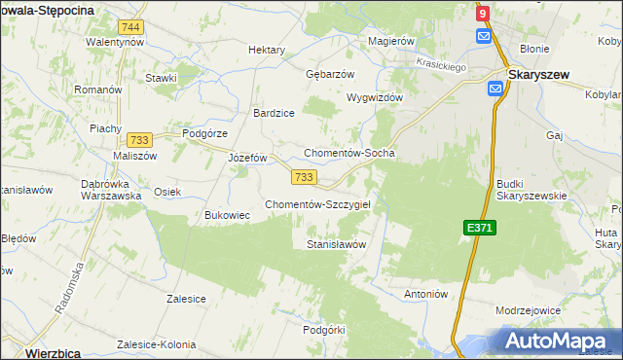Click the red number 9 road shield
pos(483,15)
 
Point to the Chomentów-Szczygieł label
pos(324,203)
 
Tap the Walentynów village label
pos(115,42)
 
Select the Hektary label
pos(267,50)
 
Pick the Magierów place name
pos(391,42)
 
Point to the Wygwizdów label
pos(375,98)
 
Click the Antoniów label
pos(424,293)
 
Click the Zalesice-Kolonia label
pos(156,344)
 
